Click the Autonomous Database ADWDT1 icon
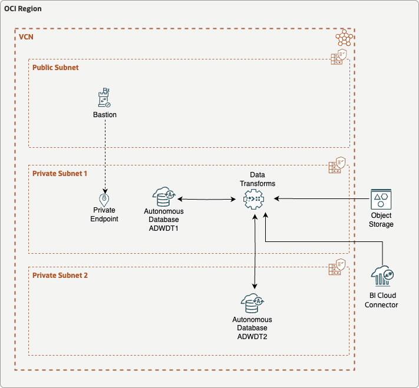point(163,197)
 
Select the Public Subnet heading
point(55,67)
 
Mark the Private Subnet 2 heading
point(60,275)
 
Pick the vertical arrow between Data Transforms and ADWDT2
point(254,250)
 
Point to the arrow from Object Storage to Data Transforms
point(318,199)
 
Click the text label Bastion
point(105,115)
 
